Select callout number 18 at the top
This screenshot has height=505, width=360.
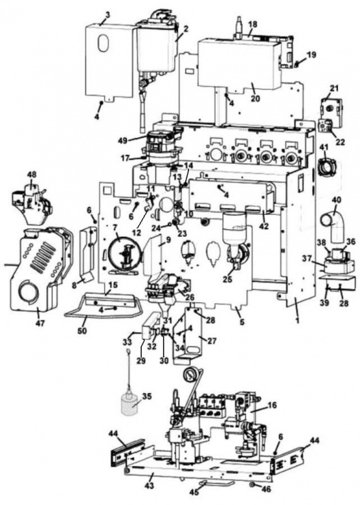pos(253,25)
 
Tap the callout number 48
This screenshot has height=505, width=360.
pos(31,175)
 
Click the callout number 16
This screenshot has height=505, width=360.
pos(273,405)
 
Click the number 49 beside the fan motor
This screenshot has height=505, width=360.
pos(121,141)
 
